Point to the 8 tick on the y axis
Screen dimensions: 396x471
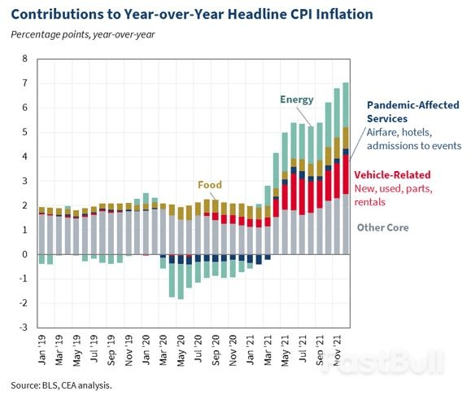pos(24,59)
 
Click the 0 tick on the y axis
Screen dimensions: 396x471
pos(24,254)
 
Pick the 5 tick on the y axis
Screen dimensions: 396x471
pos(24,132)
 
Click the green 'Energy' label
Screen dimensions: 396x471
pos(297,99)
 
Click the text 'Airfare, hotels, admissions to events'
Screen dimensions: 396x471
pos(414,139)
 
